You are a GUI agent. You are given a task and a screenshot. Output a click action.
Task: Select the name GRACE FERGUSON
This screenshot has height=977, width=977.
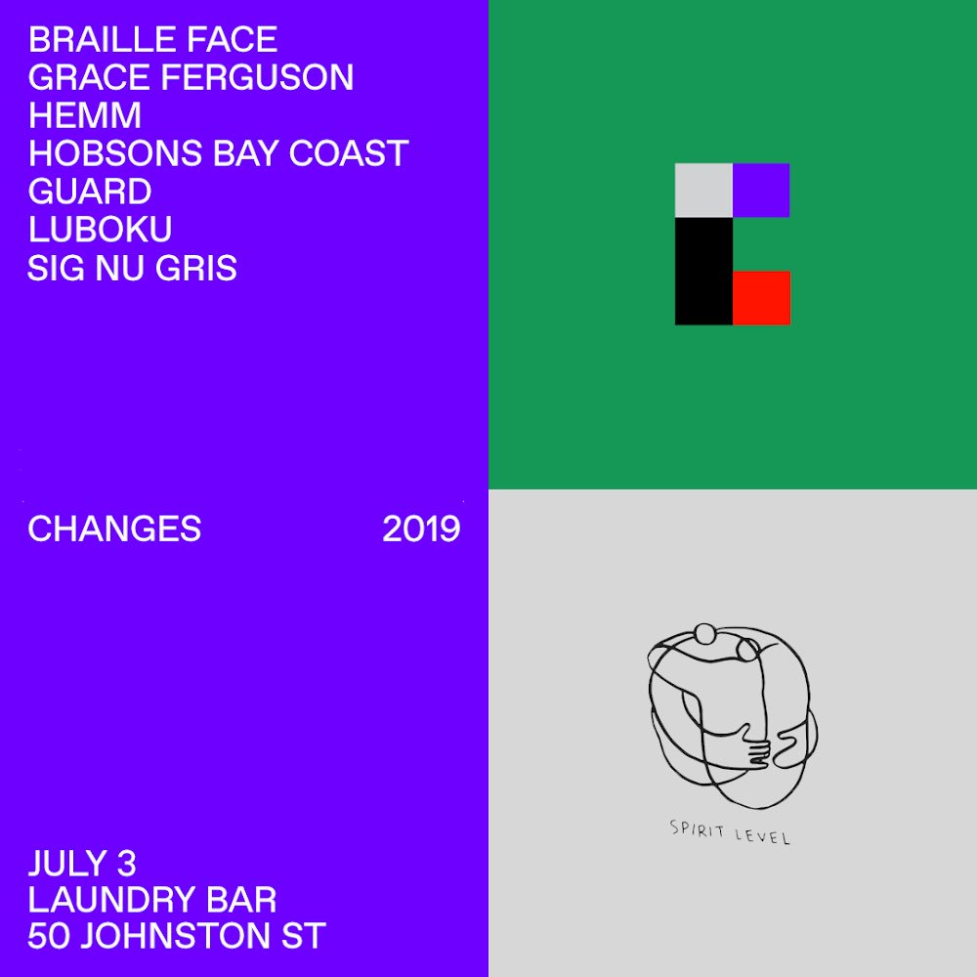click(191, 78)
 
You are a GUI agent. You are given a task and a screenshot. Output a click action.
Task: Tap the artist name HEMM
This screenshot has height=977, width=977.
click(85, 116)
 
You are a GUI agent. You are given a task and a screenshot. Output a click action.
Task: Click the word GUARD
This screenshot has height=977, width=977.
click(89, 191)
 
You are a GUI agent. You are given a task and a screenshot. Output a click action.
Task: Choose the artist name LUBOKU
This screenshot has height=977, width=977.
click(100, 230)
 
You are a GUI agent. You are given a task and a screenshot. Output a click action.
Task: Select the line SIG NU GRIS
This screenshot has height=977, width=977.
click(132, 268)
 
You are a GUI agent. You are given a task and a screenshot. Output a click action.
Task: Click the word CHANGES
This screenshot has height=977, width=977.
click(114, 529)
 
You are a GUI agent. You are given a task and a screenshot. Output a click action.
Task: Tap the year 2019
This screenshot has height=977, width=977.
click(421, 529)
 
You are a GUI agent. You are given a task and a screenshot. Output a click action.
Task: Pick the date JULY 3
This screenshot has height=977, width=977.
click(82, 864)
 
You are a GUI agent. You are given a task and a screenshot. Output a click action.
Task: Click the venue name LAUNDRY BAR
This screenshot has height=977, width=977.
click(152, 901)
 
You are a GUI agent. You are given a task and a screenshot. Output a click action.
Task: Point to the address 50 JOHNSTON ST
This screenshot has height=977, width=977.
click(176, 938)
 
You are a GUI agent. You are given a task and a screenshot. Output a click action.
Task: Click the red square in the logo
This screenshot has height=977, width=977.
click(761, 298)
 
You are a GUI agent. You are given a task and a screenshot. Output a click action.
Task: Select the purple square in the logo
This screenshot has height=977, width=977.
click(761, 190)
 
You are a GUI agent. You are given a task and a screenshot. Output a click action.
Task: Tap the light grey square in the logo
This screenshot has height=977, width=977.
click(703, 190)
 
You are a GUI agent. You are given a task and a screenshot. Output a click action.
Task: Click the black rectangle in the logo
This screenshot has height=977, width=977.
click(703, 271)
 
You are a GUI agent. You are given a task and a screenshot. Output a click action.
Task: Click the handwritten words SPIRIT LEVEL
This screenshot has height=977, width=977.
click(730, 832)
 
